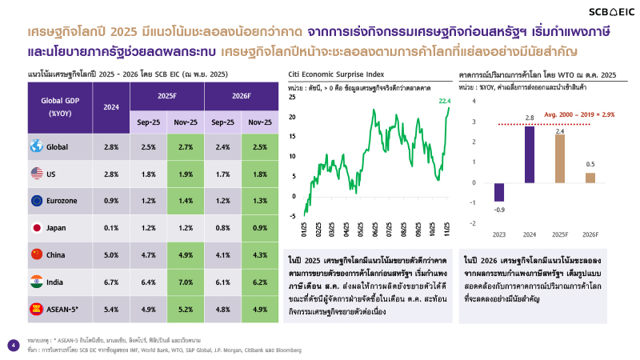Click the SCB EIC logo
coord(603,12)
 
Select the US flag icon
coord(37,173)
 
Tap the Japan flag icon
coord(37,228)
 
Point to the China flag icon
coord(37,254)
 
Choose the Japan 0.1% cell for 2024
coord(111,228)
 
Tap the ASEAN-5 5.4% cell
coord(111,309)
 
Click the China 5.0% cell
coord(111,254)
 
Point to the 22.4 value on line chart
coord(446,101)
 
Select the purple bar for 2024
coord(530,154)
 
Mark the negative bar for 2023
coord(498,191)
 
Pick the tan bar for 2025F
coord(560,158)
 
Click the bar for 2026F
coord(590,178)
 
